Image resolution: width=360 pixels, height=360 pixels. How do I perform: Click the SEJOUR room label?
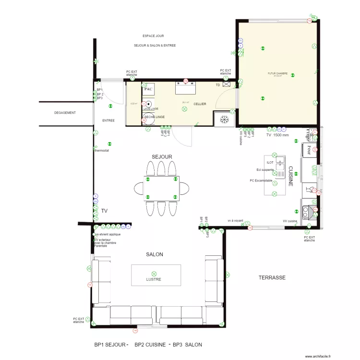tap(162, 157)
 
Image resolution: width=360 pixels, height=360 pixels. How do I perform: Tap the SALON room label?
tap(155, 254)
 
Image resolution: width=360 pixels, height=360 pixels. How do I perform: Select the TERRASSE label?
tap(272, 277)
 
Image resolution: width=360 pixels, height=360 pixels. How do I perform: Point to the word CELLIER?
tap(200, 104)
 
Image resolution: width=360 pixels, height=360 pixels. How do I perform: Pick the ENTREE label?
tap(108, 120)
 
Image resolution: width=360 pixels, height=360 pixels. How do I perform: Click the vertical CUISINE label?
tap(291, 176)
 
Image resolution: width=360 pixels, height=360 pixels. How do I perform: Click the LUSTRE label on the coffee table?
tap(154, 279)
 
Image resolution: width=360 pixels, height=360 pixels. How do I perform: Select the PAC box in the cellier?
tap(148, 89)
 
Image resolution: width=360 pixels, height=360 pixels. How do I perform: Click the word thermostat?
tap(102, 151)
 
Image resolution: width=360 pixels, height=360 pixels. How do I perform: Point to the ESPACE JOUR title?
tap(154, 36)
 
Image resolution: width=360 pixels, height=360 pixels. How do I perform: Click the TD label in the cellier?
tap(217, 85)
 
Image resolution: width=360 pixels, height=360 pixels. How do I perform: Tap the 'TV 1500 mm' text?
tap(277, 135)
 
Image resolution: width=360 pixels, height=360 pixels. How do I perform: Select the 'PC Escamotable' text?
tap(261, 181)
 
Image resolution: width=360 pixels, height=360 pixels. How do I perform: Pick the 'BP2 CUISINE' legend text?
tap(150, 345)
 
